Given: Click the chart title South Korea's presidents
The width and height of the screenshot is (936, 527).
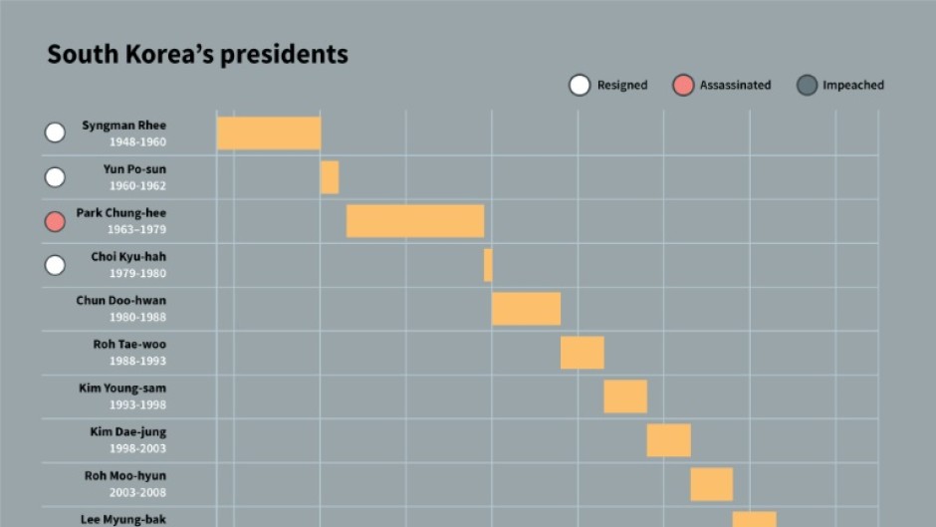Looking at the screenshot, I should coord(197,54).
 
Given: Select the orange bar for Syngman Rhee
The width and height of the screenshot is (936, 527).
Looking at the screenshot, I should coord(269,133).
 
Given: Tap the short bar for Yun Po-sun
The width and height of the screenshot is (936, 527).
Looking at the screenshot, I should coord(330,177).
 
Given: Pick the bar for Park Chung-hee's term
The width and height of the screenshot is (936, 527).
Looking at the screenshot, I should coord(415,221).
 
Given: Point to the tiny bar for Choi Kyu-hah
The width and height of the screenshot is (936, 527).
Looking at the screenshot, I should coord(488,265).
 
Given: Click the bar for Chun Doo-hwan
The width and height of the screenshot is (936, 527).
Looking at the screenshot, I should coord(526,309).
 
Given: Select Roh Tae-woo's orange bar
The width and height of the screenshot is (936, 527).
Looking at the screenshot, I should coord(583,353).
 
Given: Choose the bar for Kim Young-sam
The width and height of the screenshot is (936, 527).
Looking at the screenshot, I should coord(625,396).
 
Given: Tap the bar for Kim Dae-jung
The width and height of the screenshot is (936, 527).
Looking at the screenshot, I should coord(668,440).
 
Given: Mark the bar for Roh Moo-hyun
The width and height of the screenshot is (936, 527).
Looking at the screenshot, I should coord(712,484).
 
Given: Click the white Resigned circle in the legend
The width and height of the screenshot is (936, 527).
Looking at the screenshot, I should coord(580,86).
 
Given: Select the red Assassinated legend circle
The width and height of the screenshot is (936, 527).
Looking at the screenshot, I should coord(682,86).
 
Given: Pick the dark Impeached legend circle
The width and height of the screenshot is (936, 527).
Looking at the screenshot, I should coord(807,86).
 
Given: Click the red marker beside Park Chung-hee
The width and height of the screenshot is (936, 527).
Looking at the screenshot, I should coord(56,221).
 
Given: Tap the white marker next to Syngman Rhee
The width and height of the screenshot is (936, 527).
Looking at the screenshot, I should coord(56,132).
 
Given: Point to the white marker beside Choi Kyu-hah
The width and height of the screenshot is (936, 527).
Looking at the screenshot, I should coord(56,265).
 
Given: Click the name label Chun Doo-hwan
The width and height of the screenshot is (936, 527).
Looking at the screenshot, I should coord(121,301).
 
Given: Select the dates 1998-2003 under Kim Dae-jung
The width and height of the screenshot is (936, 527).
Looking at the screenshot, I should coord(137,448).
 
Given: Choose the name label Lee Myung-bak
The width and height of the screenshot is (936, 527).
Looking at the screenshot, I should coord(123,519).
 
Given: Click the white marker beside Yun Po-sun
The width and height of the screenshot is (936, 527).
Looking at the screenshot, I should coord(56,177).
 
